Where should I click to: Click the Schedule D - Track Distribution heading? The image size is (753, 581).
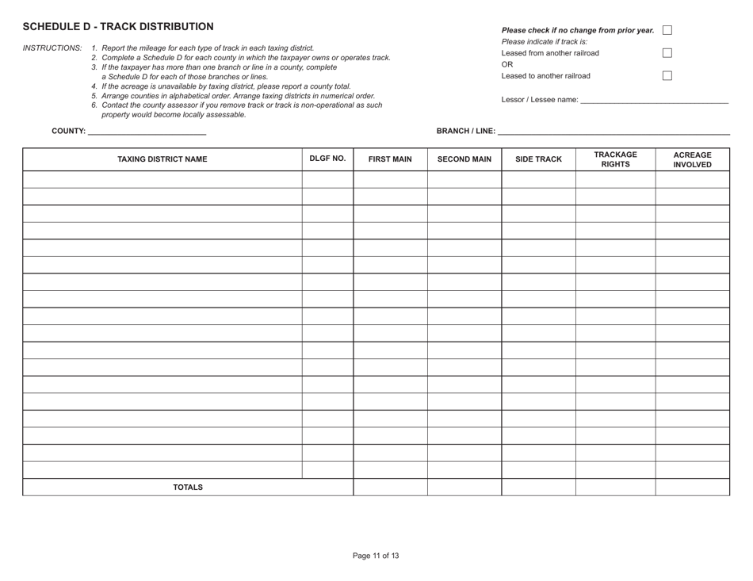(118, 27)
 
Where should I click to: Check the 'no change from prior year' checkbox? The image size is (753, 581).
(667, 30)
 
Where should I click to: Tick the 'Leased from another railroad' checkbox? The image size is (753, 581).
(667, 53)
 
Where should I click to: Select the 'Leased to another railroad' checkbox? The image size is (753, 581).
(667, 76)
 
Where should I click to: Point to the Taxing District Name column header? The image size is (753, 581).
(162, 159)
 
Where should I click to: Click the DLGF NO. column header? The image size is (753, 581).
(327, 159)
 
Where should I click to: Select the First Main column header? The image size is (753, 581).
(390, 159)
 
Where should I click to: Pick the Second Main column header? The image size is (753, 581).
(464, 159)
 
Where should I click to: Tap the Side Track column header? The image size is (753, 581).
(538, 159)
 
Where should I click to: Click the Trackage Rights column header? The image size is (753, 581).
(615, 159)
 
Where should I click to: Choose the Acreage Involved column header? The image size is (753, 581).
(692, 159)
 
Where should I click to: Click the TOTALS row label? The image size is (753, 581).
(188, 487)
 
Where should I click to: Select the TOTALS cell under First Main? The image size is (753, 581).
(390, 487)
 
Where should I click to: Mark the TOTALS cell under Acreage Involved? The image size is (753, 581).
(692, 487)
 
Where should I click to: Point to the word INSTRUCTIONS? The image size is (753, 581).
(52, 48)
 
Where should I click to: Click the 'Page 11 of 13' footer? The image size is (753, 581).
(376, 556)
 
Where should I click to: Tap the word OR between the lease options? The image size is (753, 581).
(508, 65)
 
